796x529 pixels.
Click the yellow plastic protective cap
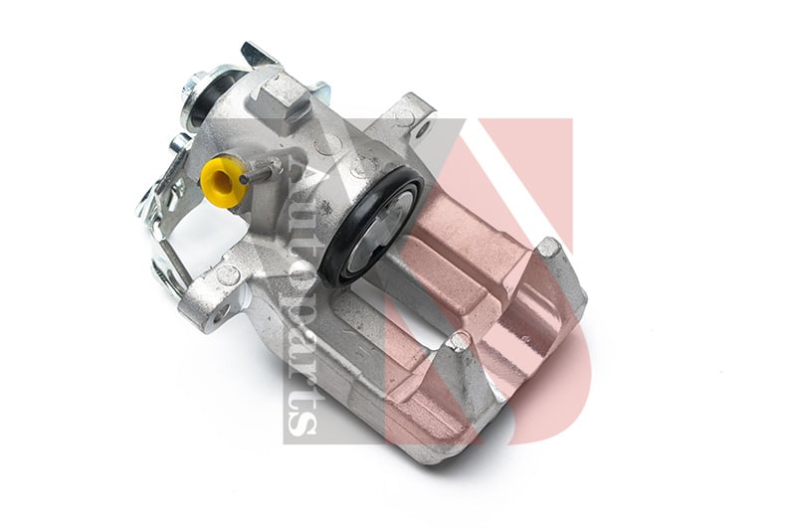222,181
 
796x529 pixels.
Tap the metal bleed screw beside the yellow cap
263,170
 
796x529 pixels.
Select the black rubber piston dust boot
371,226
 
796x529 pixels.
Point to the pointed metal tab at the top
258,55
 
